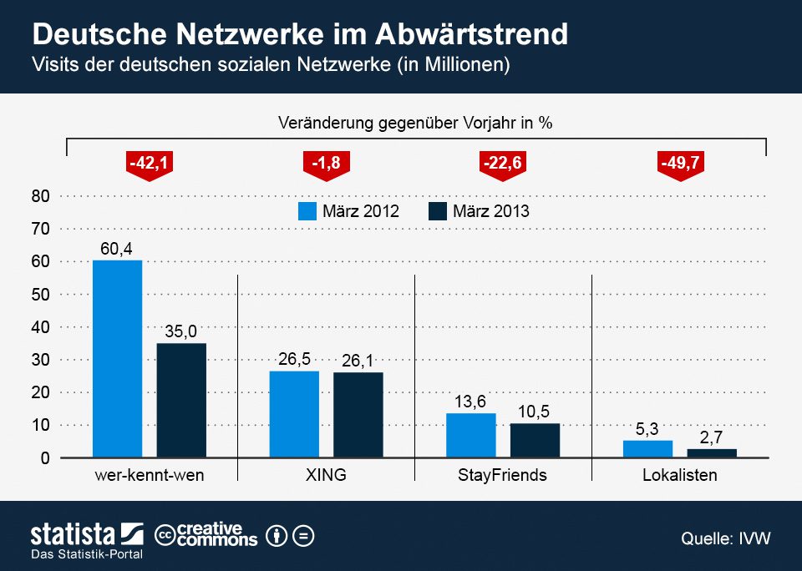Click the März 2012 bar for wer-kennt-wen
point(117,359)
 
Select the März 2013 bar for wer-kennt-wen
point(181,401)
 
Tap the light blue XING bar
point(294,415)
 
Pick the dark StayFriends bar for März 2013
point(535,441)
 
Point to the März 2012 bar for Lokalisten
point(647,449)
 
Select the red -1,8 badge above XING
point(327,164)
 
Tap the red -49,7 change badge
point(679,164)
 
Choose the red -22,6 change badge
point(503,164)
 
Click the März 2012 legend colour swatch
point(307,211)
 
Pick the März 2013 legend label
point(490,211)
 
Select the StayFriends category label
point(502,476)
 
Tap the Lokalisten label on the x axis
point(679,476)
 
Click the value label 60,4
point(117,248)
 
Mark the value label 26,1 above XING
point(358,360)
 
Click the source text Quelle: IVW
point(725,538)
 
